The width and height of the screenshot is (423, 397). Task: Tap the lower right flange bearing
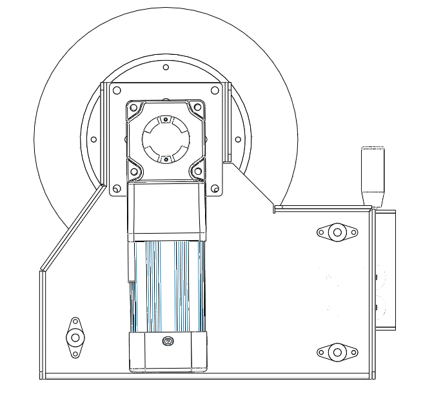coord(335,352)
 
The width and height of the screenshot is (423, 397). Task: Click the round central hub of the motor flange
coord(166,137)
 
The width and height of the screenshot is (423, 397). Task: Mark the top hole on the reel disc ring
coord(166,67)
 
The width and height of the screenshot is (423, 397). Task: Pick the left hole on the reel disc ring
coord(93,139)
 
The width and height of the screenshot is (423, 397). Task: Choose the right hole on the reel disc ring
coord(238,139)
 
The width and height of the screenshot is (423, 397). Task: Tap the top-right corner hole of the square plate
coord(215,90)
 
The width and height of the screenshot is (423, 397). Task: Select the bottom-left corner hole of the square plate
coord(117,188)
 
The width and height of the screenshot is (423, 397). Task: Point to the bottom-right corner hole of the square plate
coord(215,188)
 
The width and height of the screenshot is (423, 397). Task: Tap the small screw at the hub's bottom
coord(166,158)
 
